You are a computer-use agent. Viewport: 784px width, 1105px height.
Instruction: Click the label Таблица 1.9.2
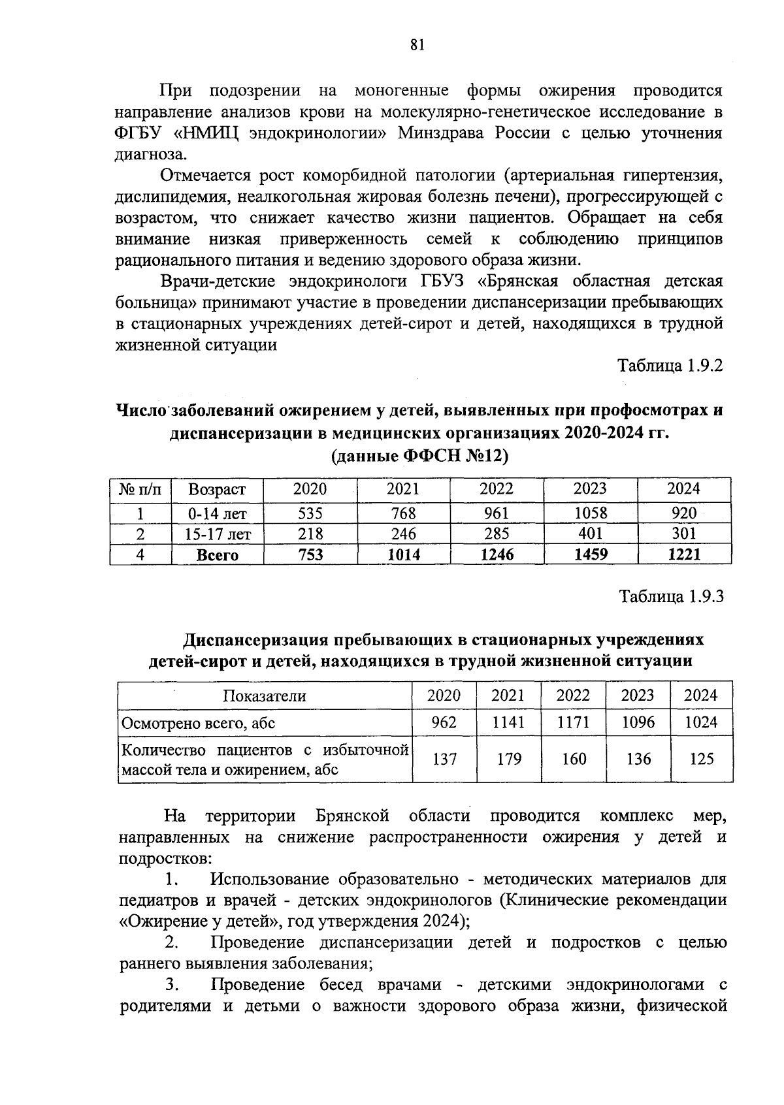tap(671, 366)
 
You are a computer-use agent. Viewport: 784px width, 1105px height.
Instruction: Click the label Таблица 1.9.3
tap(672, 597)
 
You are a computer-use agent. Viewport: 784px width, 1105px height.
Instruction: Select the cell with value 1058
tap(590, 513)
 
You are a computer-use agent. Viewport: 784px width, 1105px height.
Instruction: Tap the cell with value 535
tap(310, 513)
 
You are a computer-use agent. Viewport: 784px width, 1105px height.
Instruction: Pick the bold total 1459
tap(590, 555)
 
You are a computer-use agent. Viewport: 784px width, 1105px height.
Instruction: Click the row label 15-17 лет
tap(218, 534)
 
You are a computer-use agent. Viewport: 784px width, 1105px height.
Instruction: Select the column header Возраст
tap(217, 489)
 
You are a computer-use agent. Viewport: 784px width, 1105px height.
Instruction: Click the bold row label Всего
tap(218, 556)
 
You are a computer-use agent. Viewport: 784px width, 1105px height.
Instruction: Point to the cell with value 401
tap(591, 534)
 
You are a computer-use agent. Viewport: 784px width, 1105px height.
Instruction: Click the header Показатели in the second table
tap(265, 696)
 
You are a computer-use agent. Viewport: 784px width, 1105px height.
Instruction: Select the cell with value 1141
tap(508, 722)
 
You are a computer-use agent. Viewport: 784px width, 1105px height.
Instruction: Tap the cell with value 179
tap(508, 759)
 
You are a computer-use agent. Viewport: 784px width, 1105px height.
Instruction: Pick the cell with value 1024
tap(700, 722)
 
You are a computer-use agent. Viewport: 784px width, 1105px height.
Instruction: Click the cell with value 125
tap(701, 759)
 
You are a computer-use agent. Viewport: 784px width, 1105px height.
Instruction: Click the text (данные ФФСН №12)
tap(420, 455)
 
